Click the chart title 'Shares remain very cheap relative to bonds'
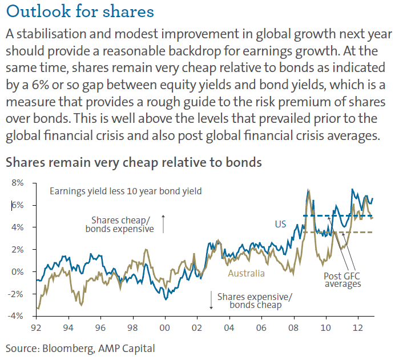click(134, 162)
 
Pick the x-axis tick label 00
click(165, 329)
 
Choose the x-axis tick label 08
click(293, 329)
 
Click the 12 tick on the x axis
click(357, 329)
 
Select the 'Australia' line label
click(246, 273)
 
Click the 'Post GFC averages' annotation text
click(341, 279)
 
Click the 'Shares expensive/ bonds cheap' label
click(253, 301)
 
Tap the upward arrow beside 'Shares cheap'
click(163, 223)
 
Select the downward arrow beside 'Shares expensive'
click(211, 301)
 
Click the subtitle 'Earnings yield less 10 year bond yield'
click(125, 191)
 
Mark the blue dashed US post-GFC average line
click(320, 215)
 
